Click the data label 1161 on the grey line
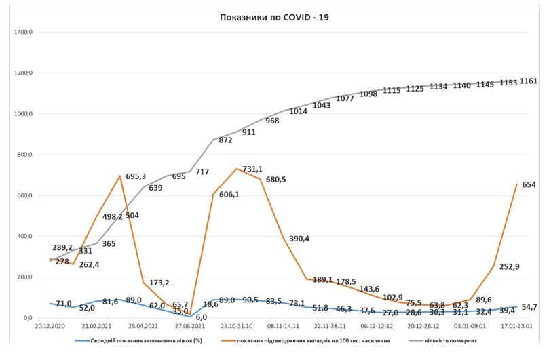pyautogui.click(x=529, y=81)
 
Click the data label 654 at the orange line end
pyautogui.click(x=529, y=184)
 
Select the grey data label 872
pyautogui.click(x=225, y=140)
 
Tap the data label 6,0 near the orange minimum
pyautogui.click(x=201, y=317)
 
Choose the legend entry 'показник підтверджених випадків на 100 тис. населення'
pyautogui.click(x=313, y=340)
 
